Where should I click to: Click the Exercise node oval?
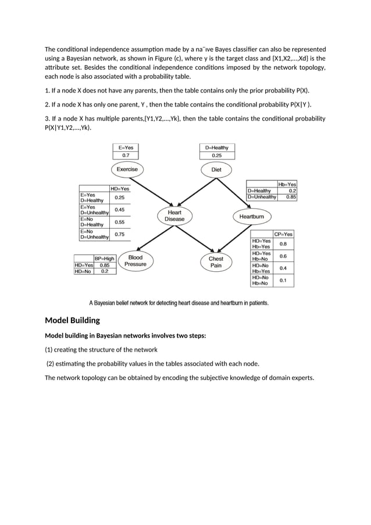[x=127, y=169]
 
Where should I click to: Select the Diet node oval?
[x=216, y=170]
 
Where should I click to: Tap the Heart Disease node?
[x=174, y=216]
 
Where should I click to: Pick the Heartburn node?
[x=252, y=217]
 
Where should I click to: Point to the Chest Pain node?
[x=216, y=262]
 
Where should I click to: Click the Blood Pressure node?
[x=135, y=261]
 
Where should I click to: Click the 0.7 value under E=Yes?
[x=126, y=156]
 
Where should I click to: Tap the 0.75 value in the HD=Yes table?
[x=119, y=234]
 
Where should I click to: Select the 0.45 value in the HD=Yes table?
[x=119, y=210]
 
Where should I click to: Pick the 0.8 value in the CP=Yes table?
[x=283, y=244]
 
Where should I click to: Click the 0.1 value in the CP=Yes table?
[x=283, y=281]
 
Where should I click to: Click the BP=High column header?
[x=105, y=258]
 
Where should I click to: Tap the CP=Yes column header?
[x=284, y=234]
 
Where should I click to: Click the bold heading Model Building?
[x=72, y=320]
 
